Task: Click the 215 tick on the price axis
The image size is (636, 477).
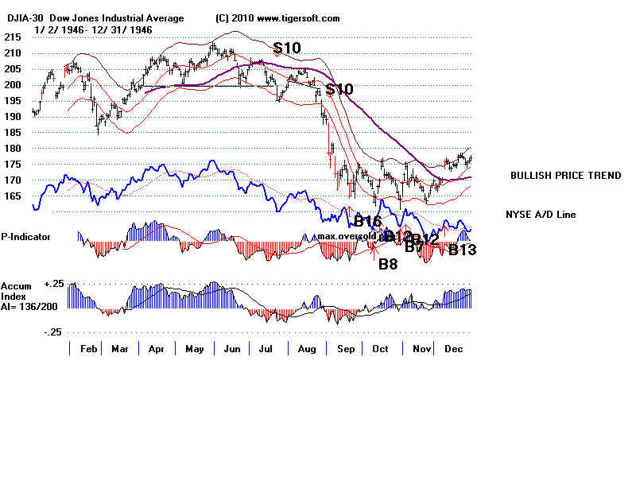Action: coord(11,37)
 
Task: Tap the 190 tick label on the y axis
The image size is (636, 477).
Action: coord(11,116)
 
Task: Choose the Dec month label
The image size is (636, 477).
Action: coord(453,348)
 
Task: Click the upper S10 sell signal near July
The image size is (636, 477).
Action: coord(287,48)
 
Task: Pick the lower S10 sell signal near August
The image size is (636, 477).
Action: coord(339,89)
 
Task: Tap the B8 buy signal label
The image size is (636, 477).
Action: coord(387,264)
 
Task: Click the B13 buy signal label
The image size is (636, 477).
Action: coord(462,250)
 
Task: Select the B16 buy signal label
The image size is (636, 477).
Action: coord(368,221)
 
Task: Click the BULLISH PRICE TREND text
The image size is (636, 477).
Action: coord(565,176)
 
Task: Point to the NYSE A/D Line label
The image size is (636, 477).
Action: coord(540,215)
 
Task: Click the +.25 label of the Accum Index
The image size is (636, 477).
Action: coord(53,284)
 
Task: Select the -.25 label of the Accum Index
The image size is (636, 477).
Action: coord(53,332)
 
